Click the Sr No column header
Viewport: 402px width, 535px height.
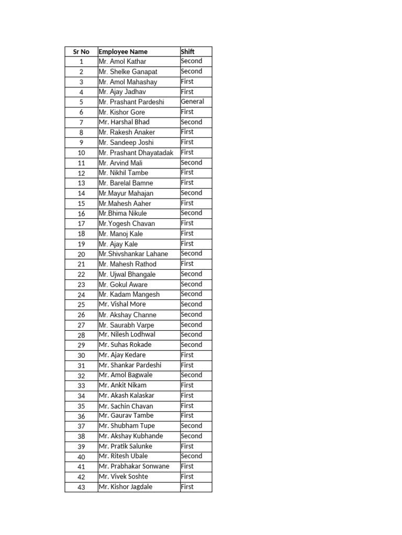point(81,52)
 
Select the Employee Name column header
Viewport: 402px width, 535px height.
point(123,52)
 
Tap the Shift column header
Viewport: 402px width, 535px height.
point(187,52)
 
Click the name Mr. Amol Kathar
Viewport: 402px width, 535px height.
point(122,62)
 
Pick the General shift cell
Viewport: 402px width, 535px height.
point(192,102)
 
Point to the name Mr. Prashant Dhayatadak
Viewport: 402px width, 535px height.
point(136,153)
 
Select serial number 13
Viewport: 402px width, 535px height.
point(81,183)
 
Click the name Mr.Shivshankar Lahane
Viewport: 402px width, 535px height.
point(133,254)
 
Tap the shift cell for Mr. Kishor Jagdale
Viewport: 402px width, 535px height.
point(187,487)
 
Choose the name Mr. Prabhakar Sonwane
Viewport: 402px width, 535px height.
point(134,467)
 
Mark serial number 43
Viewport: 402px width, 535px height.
point(81,487)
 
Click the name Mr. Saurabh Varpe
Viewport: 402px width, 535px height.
point(126,325)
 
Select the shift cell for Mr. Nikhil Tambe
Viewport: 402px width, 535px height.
point(187,172)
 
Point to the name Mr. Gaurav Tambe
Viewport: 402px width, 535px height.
point(126,416)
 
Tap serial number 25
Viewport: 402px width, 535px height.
point(81,305)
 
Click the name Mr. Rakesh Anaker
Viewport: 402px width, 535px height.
point(127,133)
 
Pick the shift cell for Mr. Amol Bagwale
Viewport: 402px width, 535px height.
point(191,375)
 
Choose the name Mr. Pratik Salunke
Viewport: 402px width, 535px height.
point(125,446)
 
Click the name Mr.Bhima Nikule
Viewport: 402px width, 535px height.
point(122,214)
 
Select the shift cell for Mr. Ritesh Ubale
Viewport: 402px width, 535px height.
point(191,456)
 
